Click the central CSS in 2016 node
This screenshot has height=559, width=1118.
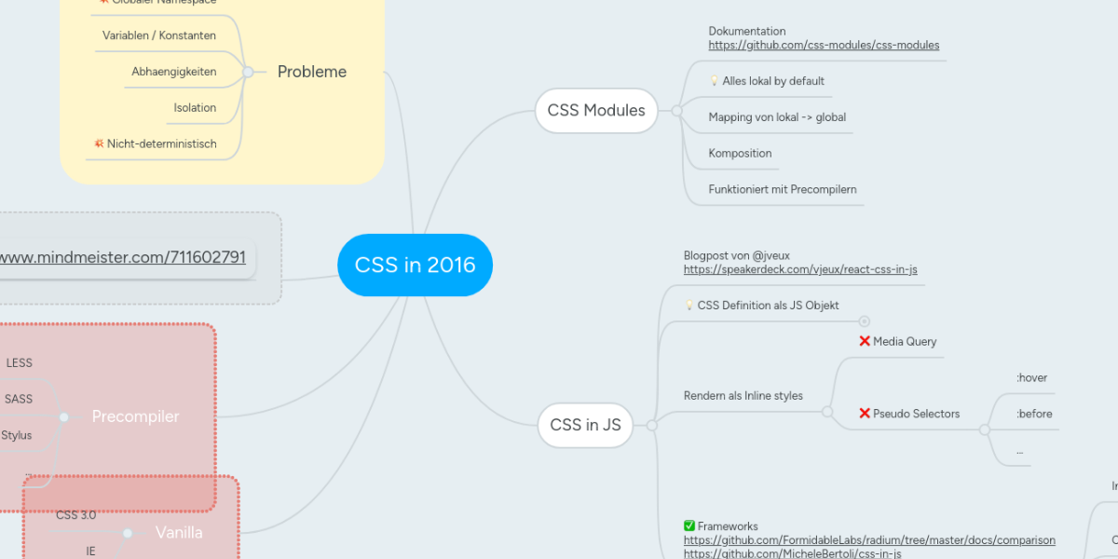tap(415, 265)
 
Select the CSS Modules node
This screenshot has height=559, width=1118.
tap(596, 110)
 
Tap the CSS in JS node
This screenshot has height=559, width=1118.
tap(585, 425)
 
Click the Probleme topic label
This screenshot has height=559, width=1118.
tap(312, 72)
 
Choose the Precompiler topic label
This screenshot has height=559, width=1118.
tap(135, 416)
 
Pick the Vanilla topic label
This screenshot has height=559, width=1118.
tap(179, 533)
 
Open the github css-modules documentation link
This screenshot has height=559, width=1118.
tap(824, 45)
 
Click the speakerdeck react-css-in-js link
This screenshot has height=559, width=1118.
tap(800, 269)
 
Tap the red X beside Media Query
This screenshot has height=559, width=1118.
tap(865, 341)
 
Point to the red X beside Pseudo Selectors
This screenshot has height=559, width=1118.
tap(865, 413)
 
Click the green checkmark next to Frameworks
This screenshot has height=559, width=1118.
tap(689, 526)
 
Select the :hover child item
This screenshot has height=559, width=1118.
tap(1032, 377)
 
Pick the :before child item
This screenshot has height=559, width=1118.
tap(1034, 414)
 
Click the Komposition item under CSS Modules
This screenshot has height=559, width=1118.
tap(740, 153)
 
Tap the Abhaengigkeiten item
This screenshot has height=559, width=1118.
tap(174, 72)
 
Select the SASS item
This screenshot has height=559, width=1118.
tap(19, 399)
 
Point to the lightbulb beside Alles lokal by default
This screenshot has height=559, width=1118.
tap(714, 81)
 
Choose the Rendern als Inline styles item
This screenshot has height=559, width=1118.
tap(743, 396)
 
